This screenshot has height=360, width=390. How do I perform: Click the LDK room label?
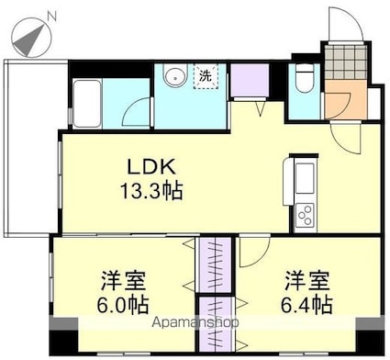click(151, 167)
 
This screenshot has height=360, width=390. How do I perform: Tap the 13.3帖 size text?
click(151, 190)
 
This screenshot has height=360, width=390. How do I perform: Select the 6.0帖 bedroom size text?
click(123, 304)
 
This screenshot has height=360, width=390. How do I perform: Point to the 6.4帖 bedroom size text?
click(306, 304)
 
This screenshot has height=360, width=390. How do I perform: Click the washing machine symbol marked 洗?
click(206, 76)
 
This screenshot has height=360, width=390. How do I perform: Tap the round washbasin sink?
click(175, 75)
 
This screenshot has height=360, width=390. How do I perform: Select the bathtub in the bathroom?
click(87, 104)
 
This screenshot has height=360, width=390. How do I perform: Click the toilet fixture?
click(305, 77)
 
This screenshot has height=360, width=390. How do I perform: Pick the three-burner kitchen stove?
click(305, 216)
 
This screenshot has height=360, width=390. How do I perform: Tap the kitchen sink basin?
click(305, 178)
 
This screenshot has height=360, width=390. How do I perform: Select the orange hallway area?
click(346, 99)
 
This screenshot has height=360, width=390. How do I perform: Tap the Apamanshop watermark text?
click(195, 322)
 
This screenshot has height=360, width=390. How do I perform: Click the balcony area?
click(30, 147)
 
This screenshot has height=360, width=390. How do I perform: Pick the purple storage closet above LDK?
click(250, 80)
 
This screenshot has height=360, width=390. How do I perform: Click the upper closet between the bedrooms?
click(215, 264)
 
